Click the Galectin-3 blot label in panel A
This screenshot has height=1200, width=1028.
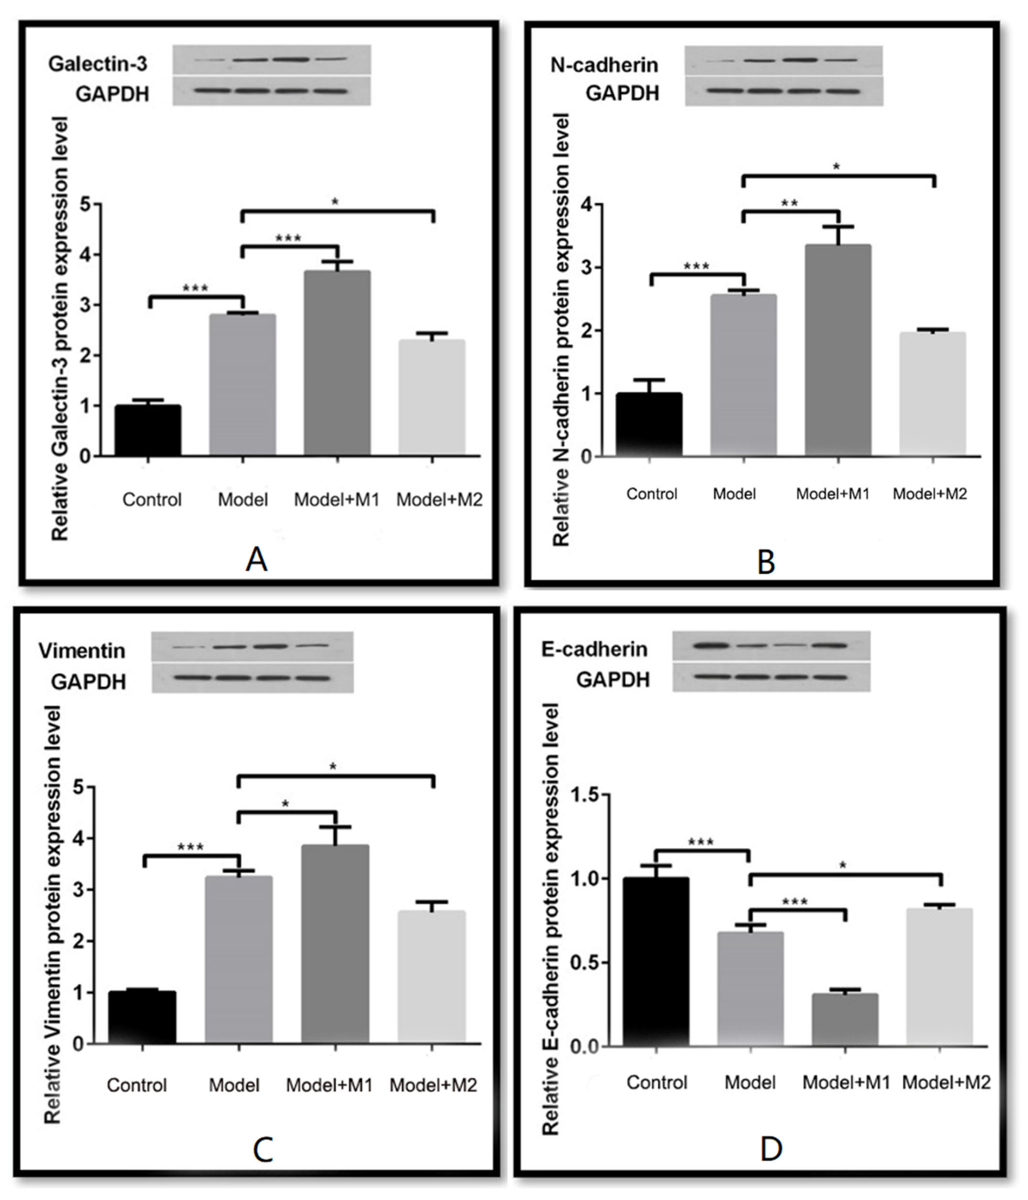[97, 64]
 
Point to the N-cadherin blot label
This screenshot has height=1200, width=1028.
[604, 65]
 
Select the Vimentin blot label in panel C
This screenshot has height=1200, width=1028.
[82, 651]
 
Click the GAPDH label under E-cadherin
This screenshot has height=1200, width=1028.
[613, 679]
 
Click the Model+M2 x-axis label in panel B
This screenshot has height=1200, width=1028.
[929, 494]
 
